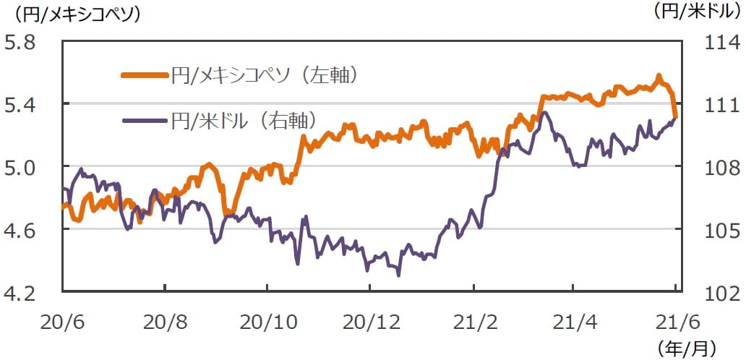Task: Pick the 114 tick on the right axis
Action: [721, 42]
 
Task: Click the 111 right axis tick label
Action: [721, 105]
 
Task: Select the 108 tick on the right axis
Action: [721, 168]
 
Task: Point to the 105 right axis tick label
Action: [721, 231]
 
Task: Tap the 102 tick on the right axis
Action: [721, 293]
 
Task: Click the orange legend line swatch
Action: [144, 74]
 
